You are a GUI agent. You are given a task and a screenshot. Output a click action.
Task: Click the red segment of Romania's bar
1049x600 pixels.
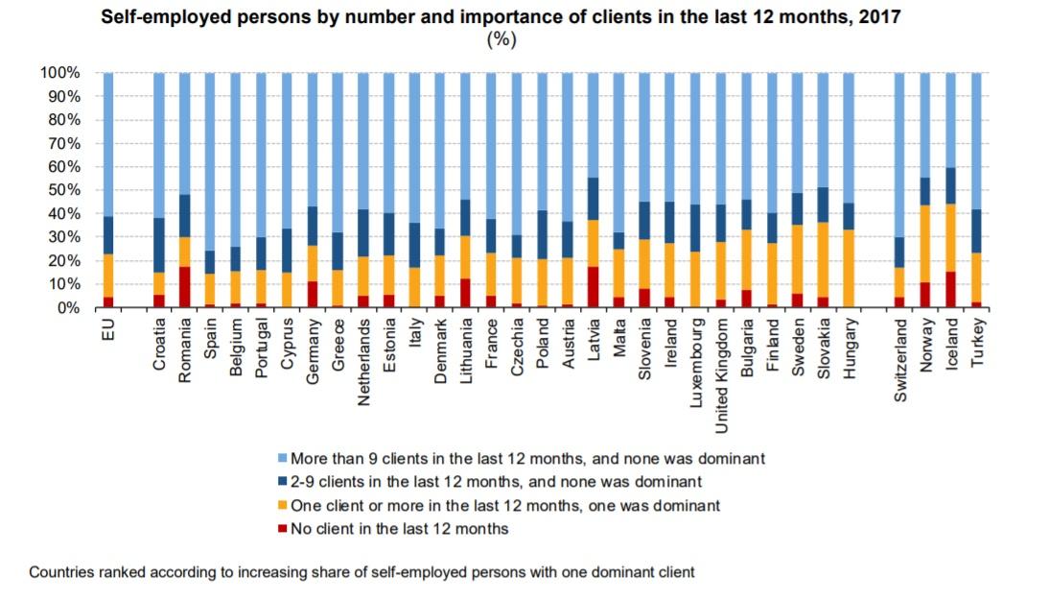point(184,287)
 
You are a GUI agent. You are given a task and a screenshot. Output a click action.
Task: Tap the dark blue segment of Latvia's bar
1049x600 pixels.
point(594,199)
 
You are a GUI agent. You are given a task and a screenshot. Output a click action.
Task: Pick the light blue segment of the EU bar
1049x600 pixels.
point(108,144)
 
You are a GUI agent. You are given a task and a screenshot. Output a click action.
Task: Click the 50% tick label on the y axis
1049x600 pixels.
point(59,190)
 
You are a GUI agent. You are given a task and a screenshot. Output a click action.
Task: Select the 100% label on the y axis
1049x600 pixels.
point(56,73)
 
